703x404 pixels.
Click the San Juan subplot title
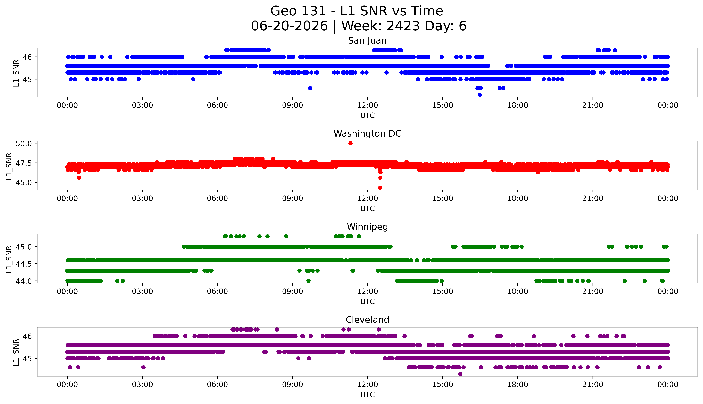coord(367,41)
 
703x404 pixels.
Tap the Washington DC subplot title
coord(367,134)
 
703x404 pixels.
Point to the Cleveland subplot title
coord(367,320)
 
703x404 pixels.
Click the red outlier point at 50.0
coord(350,143)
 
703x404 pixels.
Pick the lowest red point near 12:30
coord(380,188)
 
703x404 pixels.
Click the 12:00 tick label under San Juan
coord(368,105)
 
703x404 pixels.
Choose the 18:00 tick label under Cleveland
coord(518,385)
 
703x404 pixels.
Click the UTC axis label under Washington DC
coord(367,208)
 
